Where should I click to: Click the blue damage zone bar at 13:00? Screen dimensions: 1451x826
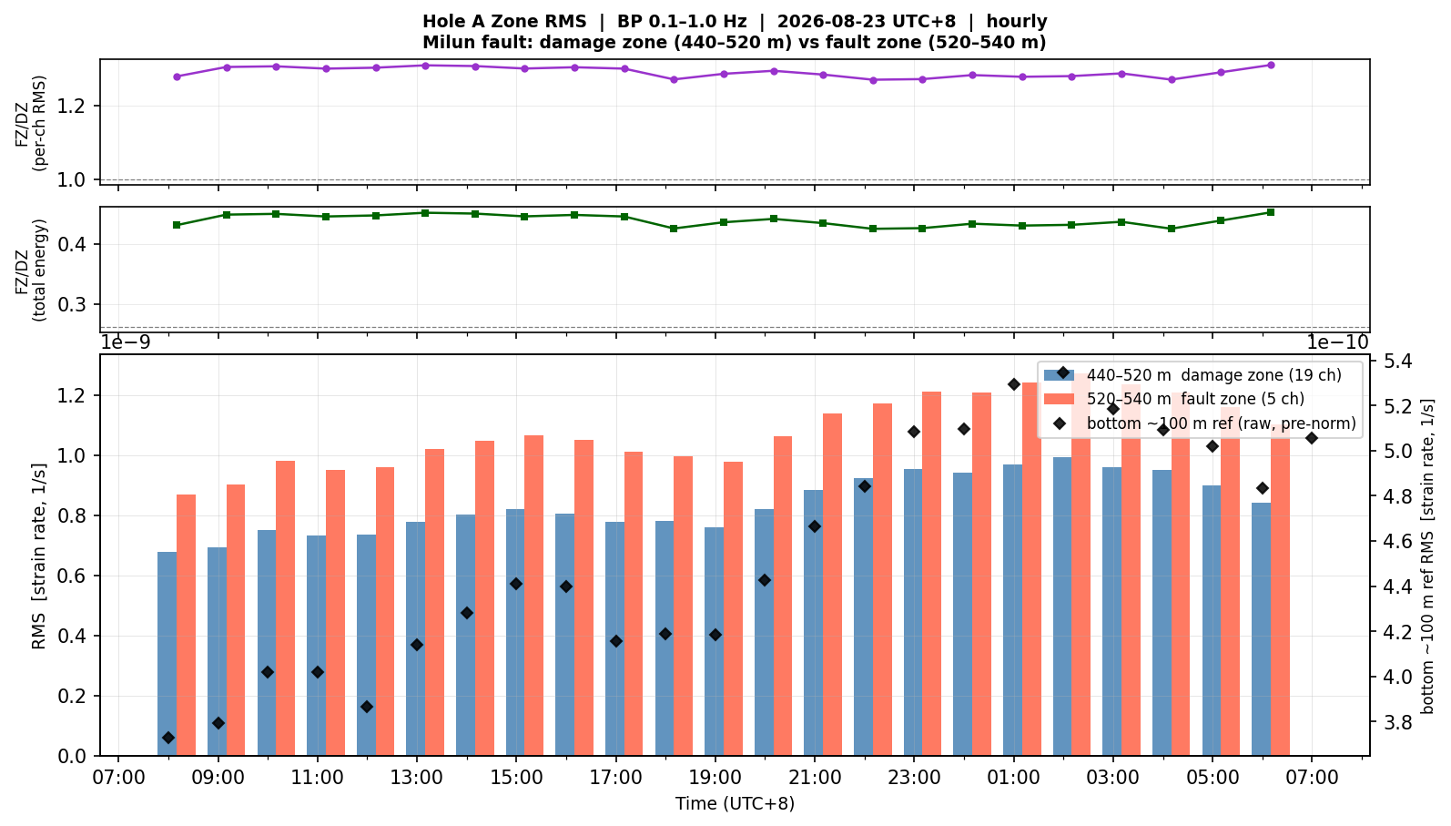pyautogui.click(x=416, y=638)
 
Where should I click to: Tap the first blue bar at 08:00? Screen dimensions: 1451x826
pyautogui.click(x=167, y=654)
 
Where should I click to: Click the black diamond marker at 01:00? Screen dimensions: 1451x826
pyautogui.click(x=1014, y=384)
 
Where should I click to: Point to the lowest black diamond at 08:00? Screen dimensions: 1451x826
pyautogui.click(x=168, y=738)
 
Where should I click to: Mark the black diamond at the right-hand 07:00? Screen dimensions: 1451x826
pyautogui.click(x=1312, y=439)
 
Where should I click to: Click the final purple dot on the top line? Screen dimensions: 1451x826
pyautogui.click(x=1271, y=65)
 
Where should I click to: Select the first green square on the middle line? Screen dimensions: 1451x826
pyautogui.click(x=177, y=225)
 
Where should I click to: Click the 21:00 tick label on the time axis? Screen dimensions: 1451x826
pyautogui.click(x=815, y=778)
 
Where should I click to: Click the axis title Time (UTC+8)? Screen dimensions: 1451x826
pyautogui.click(x=736, y=804)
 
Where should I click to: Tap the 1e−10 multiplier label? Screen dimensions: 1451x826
pyautogui.click(x=1337, y=342)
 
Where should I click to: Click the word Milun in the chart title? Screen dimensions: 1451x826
pyautogui.click(x=447, y=43)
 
